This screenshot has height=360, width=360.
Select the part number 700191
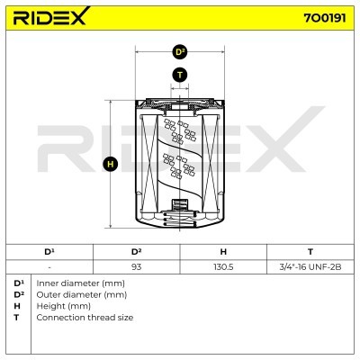click(325, 18)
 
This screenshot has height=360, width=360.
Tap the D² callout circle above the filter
click(180, 52)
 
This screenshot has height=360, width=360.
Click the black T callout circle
click(180, 75)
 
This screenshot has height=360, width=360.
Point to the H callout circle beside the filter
click(111, 165)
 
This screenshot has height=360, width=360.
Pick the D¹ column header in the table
click(49, 252)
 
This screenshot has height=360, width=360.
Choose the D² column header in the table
click(137, 252)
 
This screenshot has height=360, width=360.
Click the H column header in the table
click(223, 252)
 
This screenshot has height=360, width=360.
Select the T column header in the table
click(310, 252)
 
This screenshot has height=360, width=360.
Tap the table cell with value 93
click(137, 266)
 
